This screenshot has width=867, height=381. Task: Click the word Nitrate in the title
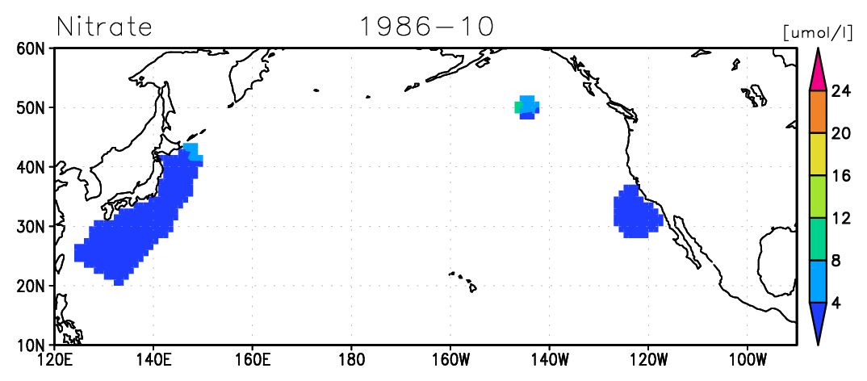(x=104, y=27)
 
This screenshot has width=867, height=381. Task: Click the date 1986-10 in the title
(x=426, y=27)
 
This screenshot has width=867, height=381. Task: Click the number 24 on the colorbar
(x=840, y=91)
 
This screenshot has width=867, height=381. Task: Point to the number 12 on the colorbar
(x=840, y=219)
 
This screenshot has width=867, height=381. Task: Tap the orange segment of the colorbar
(x=818, y=112)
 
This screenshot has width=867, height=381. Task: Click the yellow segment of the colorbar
(x=818, y=154)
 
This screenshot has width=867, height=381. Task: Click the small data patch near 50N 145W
(x=527, y=107)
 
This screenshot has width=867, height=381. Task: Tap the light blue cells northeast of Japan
(x=193, y=152)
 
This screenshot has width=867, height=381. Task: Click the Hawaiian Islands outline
(x=463, y=281)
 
